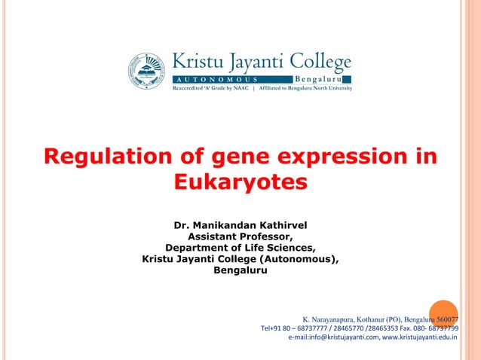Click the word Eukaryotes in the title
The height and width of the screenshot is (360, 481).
pyautogui.click(x=240, y=182)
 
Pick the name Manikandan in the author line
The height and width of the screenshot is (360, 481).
pyautogui.click(x=231, y=225)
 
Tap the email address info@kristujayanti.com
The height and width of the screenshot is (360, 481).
pyautogui.click(x=342, y=337)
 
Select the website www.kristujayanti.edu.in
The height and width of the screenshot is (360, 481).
pyautogui.click(x=424, y=337)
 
